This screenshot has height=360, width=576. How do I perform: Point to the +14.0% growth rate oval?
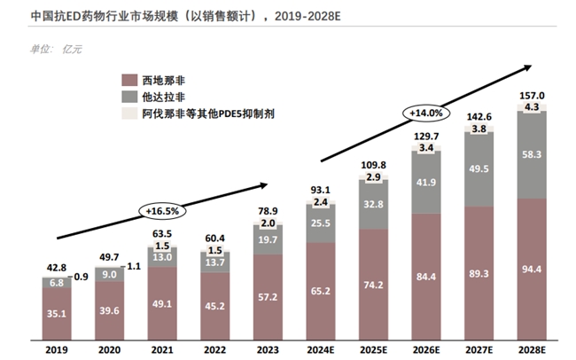point(425,113)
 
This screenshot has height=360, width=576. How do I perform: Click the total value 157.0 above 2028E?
point(533,96)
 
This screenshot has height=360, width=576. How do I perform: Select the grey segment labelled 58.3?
point(533,154)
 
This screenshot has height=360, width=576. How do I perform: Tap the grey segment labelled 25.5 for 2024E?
point(321,224)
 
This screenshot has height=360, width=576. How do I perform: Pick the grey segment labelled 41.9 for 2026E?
point(427,182)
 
